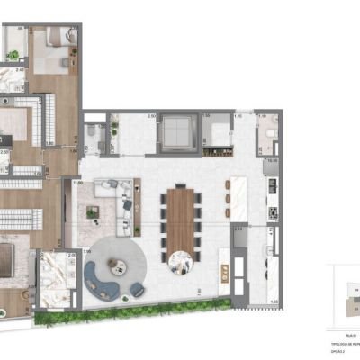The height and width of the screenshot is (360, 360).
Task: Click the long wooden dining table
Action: click(182, 216)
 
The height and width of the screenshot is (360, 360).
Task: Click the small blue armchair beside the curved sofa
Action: click(137, 289)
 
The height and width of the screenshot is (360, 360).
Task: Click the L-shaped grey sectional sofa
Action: click(115, 191)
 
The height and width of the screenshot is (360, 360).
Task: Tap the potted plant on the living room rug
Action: click(92, 212)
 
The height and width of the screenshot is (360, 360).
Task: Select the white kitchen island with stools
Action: click(241, 198)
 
